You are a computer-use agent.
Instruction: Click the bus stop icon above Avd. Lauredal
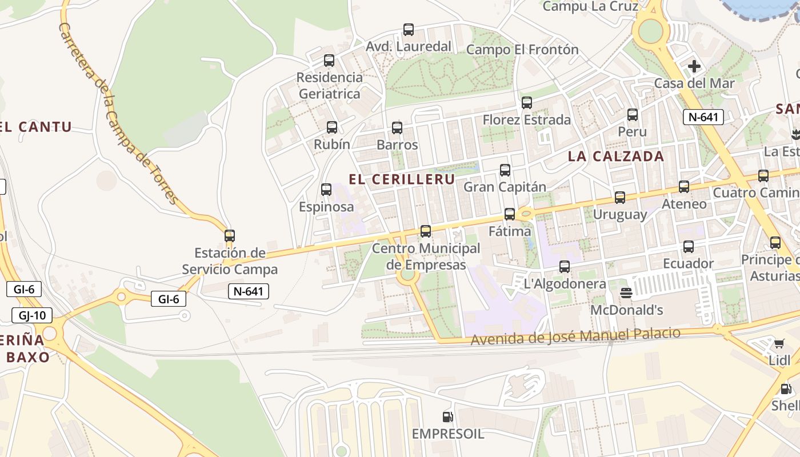pyautogui.click(x=408, y=30)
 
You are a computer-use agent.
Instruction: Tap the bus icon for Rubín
pyautogui.click(x=331, y=127)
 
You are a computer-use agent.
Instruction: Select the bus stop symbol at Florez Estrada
pyautogui.click(x=526, y=103)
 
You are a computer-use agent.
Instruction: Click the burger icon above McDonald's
pyautogui.click(x=626, y=293)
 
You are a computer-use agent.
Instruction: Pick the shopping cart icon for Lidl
pyautogui.click(x=779, y=343)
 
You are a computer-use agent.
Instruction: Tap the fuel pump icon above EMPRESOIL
pyautogui.click(x=448, y=417)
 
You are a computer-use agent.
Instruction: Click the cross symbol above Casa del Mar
pyautogui.click(x=694, y=66)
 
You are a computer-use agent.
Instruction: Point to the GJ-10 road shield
pyautogui.click(x=32, y=315)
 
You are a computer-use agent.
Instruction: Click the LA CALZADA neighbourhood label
pyautogui.click(x=616, y=157)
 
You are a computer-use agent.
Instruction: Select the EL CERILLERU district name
pyautogui.click(x=402, y=179)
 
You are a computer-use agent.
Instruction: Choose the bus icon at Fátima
pyautogui.click(x=509, y=214)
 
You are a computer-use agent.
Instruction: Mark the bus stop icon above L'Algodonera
pyautogui.click(x=565, y=266)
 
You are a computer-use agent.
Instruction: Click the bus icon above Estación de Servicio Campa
pyautogui.click(x=230, y=235)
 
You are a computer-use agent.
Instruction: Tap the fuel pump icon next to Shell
pyautogui.click(x=786, y=389)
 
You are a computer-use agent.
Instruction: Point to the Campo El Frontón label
pyautogui.click(x=522, y=50)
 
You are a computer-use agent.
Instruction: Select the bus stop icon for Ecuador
pyautogui.click(x=688, y=247)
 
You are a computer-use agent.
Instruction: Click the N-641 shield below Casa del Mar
pyautogui.click(x=703, y=117)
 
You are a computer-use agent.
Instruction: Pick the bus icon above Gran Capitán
pyautogui.click(x=505, y=170)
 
